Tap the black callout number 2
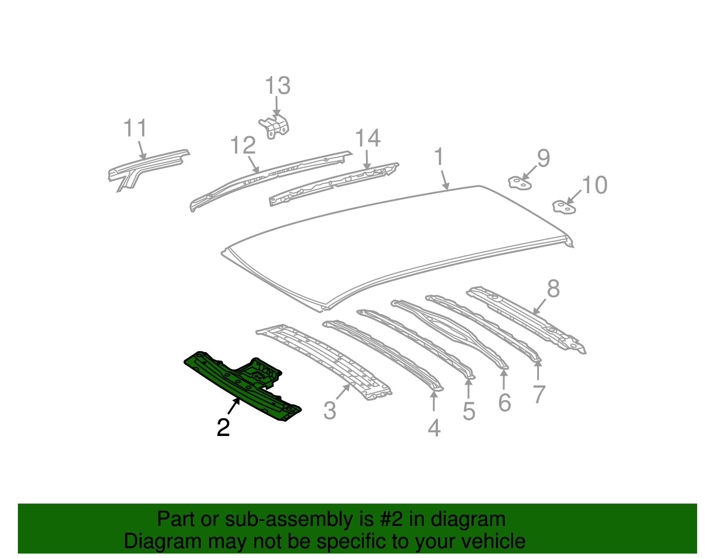coord(223,428)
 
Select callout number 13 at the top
coord(278,86)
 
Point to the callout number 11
coord(135,128)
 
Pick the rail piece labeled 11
coord(147,165)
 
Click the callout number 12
coord(243,146)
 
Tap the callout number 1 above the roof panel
coord(439,157)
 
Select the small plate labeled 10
coord(564,207)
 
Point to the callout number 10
coord(594,185)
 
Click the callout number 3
coord(330,411)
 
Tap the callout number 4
coord(434,428)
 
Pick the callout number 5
coord(469,411)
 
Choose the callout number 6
coord(504,403)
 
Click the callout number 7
coord(539,394)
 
